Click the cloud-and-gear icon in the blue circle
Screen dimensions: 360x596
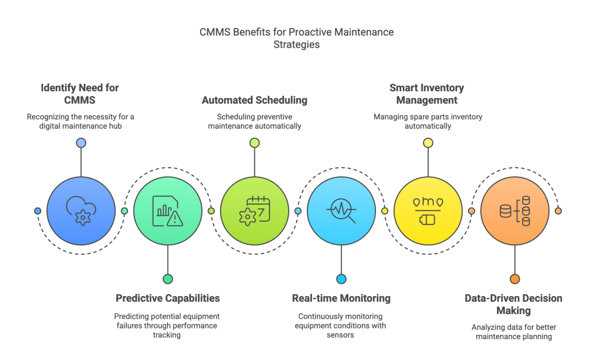point(81,211)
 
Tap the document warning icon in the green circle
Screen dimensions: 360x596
point(168,211)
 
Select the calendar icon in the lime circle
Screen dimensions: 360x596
point(254,211)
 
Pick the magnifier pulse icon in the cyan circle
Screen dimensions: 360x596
point(341,211)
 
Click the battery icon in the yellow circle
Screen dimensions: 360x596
point(428,220)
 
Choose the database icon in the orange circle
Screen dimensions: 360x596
point(515,211)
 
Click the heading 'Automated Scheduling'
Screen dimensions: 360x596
point(254,101)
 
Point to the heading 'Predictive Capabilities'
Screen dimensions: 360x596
point(168,298)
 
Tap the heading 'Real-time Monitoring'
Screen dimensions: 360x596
point(341,298)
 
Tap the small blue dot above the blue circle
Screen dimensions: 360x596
point(81,142)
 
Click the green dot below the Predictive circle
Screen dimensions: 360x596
point(168,279)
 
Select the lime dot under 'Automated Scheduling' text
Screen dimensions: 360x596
point(254,142)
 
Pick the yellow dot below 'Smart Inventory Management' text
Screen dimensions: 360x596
point(428,142)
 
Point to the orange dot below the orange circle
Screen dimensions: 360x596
point(515,279)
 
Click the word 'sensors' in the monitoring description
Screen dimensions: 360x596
point(341,336)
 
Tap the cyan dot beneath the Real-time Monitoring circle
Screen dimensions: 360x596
point(341,279)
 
